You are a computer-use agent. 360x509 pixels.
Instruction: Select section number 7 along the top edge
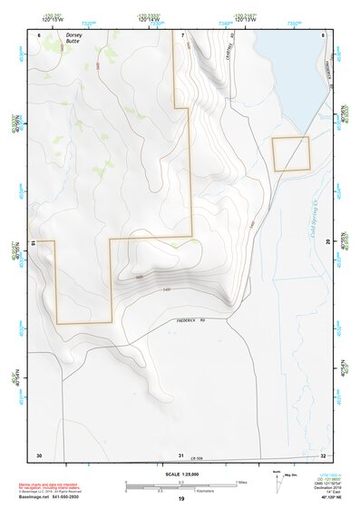[x=182, y=34]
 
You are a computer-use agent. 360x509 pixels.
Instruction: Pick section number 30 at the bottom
[x=39, y=453]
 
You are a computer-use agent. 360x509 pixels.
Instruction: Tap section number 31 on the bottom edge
[x=181, y=454]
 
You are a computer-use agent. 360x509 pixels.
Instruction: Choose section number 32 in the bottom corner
[x=324, y=453]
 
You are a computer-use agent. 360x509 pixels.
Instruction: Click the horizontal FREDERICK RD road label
[x=186, y=321]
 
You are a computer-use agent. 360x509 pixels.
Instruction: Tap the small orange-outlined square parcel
[x=291, y=154]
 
